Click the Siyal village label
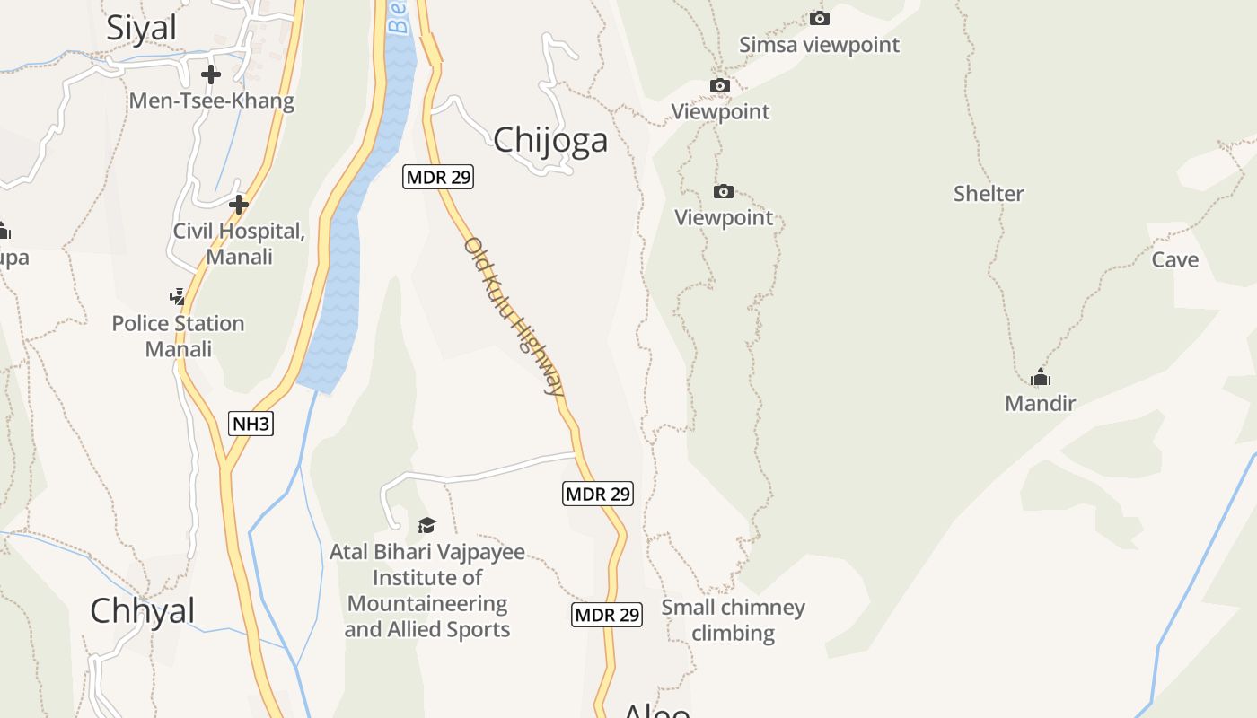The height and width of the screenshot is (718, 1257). point(142,28)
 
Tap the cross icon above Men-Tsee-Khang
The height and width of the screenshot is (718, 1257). point(211,74)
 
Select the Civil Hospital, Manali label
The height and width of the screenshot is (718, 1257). point(239,243)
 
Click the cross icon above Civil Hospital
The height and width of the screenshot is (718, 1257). point(238,205)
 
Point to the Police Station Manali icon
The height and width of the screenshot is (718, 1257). point(177,296)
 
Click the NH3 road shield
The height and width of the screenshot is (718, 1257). point(251,424)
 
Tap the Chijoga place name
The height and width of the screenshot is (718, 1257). point(550,139)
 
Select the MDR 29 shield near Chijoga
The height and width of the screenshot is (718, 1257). point(437,177)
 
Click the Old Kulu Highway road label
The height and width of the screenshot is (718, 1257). point(514,316)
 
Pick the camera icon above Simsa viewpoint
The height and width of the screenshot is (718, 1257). point(819,18)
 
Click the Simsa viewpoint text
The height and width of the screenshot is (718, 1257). point(819,45)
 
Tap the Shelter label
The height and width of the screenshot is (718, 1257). point(989,193)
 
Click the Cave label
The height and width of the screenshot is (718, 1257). point(1175,259)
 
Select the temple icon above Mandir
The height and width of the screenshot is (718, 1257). point(1041,377)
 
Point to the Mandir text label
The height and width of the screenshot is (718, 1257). point(1041,403)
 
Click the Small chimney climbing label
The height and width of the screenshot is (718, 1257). point(734,619)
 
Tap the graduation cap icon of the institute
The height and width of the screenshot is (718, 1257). point(426,525)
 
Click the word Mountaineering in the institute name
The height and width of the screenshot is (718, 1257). point(427,603)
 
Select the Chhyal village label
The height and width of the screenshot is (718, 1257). point(142,610)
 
